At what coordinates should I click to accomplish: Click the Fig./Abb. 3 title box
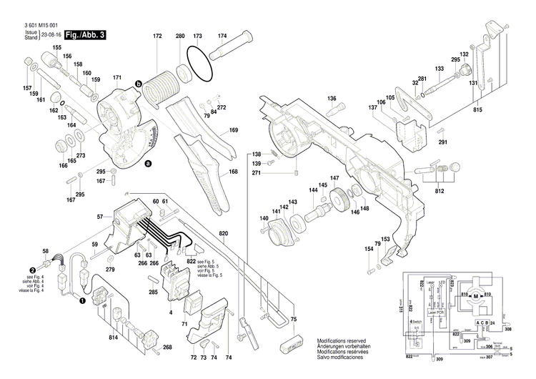(84, 35)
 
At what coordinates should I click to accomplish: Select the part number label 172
(157, 36)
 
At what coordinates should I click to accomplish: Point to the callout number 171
(117, 77)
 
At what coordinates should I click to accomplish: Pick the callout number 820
(224, 235)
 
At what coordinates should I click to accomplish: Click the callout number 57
(100, 215)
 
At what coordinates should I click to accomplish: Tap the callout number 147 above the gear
(334, 178)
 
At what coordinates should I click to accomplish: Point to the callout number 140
(264, 218)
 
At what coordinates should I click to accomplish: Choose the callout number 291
(442, 142)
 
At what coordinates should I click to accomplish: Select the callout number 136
(332, 98)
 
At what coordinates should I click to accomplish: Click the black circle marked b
(139, 83)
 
